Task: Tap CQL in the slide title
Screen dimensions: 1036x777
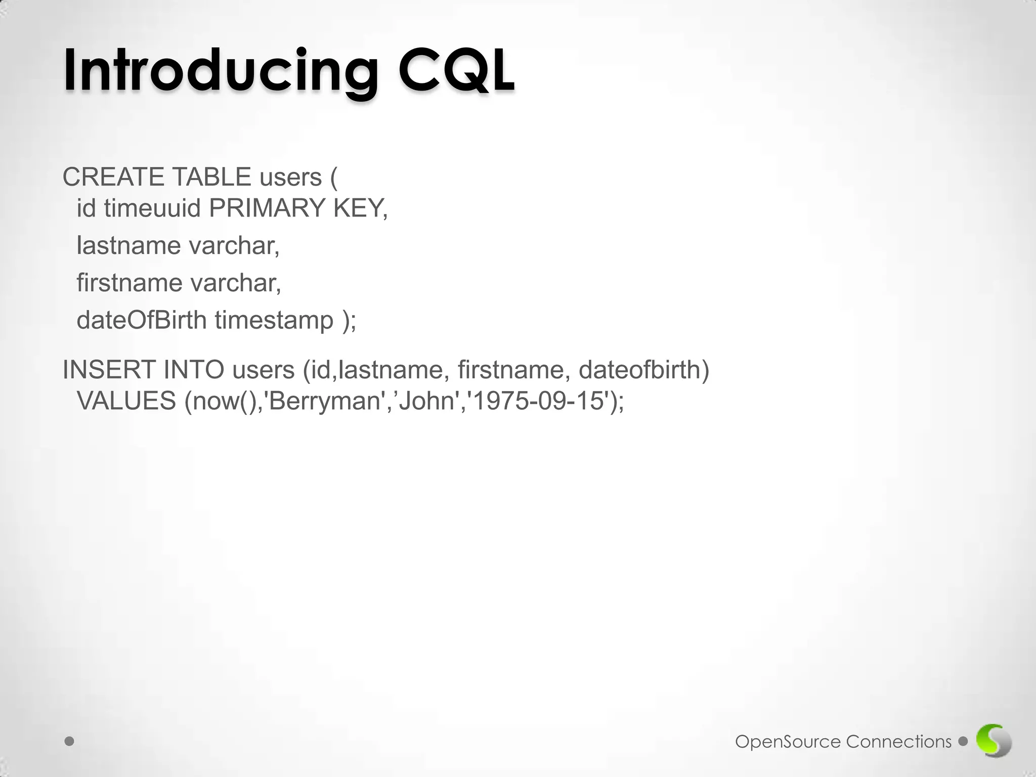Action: tap(456, 69)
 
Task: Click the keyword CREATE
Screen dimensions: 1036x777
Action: tap(113, 177)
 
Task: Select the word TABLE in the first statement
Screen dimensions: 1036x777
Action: tap(211, 177)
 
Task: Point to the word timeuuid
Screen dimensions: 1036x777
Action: tap(153, 208)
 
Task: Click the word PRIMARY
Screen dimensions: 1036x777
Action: tap(267, 208)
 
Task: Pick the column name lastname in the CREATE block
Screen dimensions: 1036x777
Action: tap(128, 245)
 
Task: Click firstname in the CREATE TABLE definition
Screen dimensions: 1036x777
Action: tap(129, 282)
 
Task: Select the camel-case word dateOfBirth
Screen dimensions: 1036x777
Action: tap(142, 320)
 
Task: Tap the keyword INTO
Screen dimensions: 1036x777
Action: tap(194, 370)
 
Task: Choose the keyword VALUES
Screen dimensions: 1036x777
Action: tap(126, 401)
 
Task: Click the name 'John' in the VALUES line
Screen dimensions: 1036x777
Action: tap(427, 401)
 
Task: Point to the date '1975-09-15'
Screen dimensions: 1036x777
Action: tap(539, 401)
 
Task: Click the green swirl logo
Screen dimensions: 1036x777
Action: tap(994, 741)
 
